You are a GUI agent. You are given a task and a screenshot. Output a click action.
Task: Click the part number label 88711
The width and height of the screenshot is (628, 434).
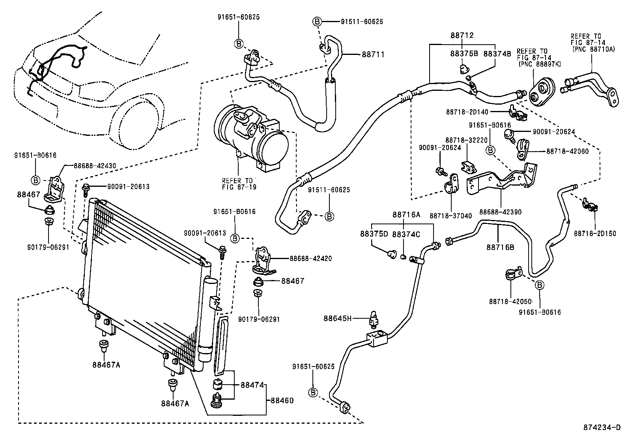point(373,54)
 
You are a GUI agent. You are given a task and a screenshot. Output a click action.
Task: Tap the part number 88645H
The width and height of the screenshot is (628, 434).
point(338,318)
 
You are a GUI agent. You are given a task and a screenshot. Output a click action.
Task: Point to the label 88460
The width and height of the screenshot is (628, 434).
point(282,400)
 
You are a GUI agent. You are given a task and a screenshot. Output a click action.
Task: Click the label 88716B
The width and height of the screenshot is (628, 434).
point(501,247)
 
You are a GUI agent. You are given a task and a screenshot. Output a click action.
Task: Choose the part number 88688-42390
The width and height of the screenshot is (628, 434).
point(501,212)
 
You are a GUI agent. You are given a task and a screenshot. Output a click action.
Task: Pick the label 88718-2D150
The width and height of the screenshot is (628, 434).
point(595,233)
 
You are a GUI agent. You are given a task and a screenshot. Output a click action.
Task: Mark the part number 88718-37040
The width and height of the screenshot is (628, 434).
point(451,216)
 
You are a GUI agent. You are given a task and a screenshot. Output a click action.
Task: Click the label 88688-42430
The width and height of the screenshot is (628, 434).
point(95,165)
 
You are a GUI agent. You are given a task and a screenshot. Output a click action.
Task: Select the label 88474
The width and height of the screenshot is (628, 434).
point(252,385)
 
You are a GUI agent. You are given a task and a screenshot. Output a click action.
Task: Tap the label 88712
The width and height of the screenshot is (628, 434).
point(462,35)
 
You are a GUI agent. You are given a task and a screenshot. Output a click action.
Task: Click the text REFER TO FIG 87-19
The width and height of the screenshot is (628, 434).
point(239,184)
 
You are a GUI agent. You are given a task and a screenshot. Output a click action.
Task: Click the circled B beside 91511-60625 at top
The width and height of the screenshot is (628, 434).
point(317,21)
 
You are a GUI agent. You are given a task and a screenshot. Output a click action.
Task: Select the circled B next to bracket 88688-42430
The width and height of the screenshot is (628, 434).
point(36,180)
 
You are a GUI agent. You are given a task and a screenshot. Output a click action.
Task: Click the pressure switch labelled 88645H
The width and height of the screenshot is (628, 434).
point(374,320)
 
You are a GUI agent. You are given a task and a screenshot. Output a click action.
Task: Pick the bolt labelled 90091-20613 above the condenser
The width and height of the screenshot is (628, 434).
point(86,191)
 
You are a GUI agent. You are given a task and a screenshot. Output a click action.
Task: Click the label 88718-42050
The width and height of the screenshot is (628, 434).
point(510,301)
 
